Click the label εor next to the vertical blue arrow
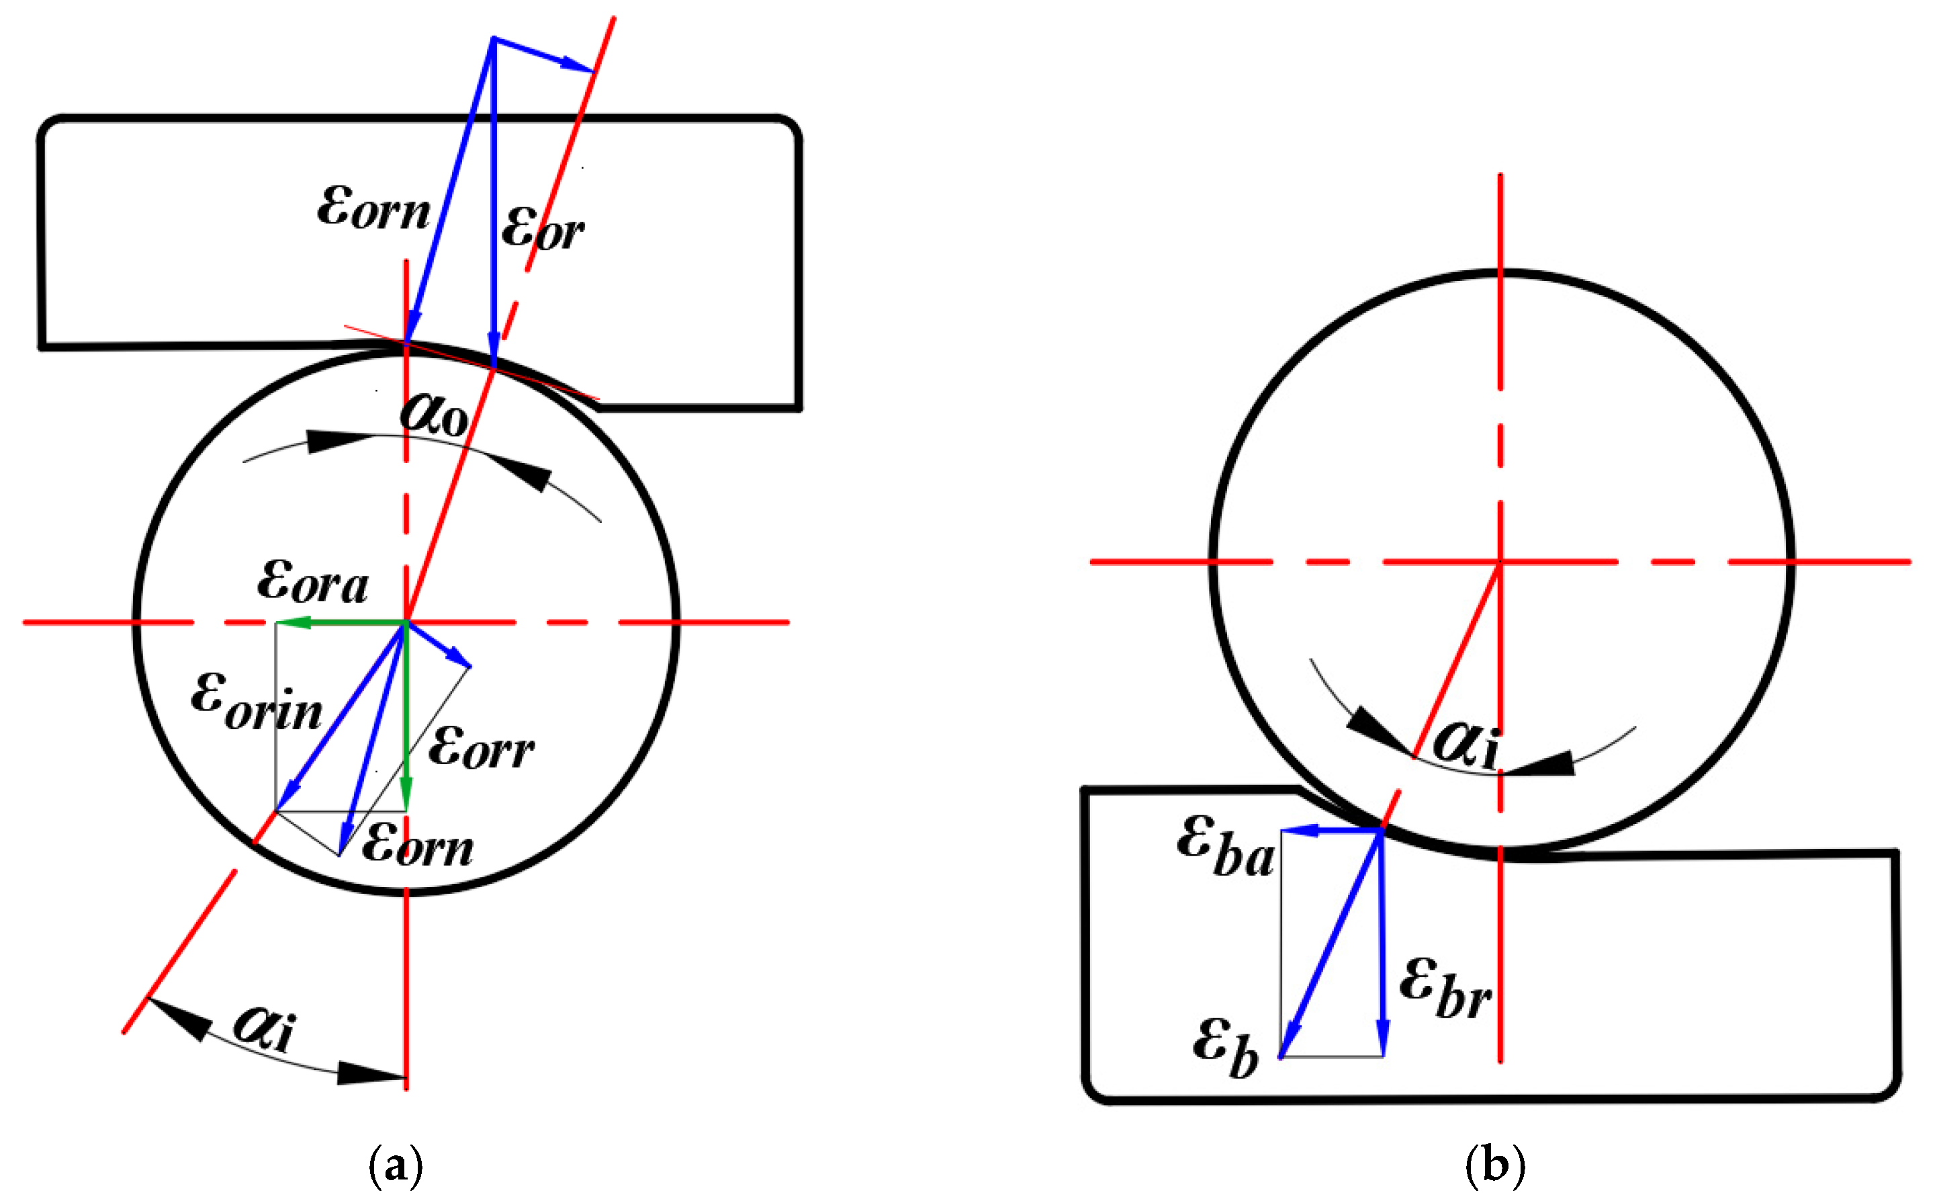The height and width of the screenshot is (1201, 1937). (542, 228)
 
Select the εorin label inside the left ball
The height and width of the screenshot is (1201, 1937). (257, 702)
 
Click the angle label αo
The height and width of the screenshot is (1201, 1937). (433, 415)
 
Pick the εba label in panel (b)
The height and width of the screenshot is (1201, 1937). (1225, 847)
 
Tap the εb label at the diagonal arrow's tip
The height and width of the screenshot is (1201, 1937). (1226, 1048)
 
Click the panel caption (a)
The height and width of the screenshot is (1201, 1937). (396, 1165)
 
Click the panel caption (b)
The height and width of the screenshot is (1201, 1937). (1494, 1165)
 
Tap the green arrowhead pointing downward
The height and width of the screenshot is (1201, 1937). (406, 795)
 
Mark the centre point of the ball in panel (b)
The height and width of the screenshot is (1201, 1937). (1500, 562)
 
